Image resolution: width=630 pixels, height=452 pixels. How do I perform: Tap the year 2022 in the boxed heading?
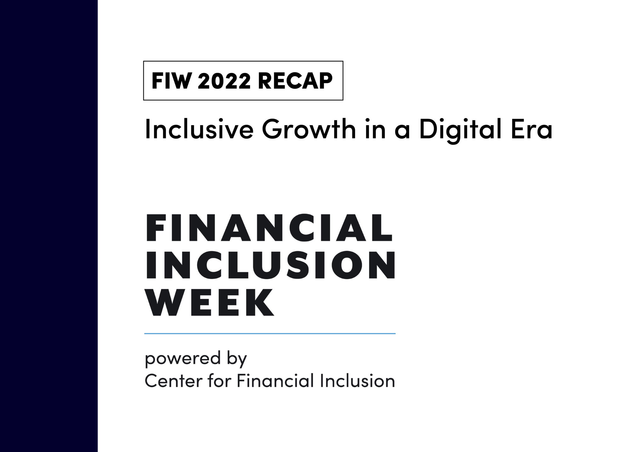point(224,81)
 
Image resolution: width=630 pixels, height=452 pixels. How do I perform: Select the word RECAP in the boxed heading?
point(295,81)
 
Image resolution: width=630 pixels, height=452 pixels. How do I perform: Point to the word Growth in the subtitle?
point(308,130)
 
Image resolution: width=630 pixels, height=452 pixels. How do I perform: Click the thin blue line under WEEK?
point(270,333)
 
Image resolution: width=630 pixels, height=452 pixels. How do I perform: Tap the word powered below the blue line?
point(182,359)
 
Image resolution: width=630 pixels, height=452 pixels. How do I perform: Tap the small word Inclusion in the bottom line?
point(357,381)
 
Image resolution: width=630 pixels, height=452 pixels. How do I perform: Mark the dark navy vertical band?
point(49,226)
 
